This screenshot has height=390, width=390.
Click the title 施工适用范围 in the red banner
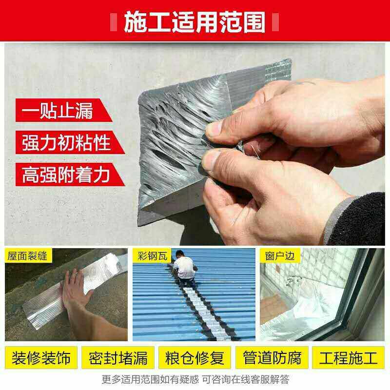195,22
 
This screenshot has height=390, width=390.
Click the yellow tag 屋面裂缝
28,255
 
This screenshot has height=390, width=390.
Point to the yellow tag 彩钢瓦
152,255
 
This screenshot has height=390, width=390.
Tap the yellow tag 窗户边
280,255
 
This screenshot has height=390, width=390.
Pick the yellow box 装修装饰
41,358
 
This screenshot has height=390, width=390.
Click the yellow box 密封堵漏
118,358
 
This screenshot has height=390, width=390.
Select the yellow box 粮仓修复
195,358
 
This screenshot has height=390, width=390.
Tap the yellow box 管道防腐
272,358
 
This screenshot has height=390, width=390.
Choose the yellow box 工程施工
349,358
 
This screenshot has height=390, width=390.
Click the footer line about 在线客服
195,380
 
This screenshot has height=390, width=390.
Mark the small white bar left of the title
114,22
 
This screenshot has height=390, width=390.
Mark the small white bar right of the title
275,22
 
